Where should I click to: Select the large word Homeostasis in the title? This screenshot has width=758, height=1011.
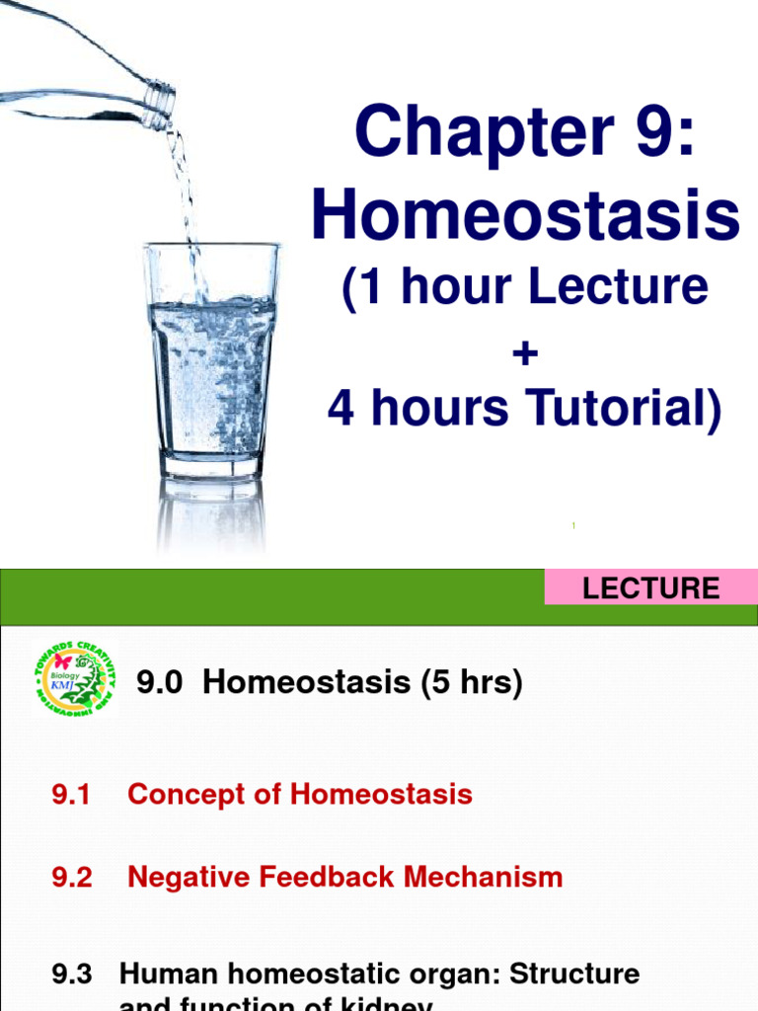click(x=525, y=216)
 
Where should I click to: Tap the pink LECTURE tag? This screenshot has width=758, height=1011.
click(x=650, y=588)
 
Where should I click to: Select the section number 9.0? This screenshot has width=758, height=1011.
click(x=162, y=682)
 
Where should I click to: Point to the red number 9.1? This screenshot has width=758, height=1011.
click(x=71, y=794)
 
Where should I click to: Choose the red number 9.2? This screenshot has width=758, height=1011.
click(x=71, y=877)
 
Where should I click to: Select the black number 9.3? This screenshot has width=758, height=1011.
click(x=71, y=973)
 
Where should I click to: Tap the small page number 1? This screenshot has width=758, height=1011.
click(x=573, y=526)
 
